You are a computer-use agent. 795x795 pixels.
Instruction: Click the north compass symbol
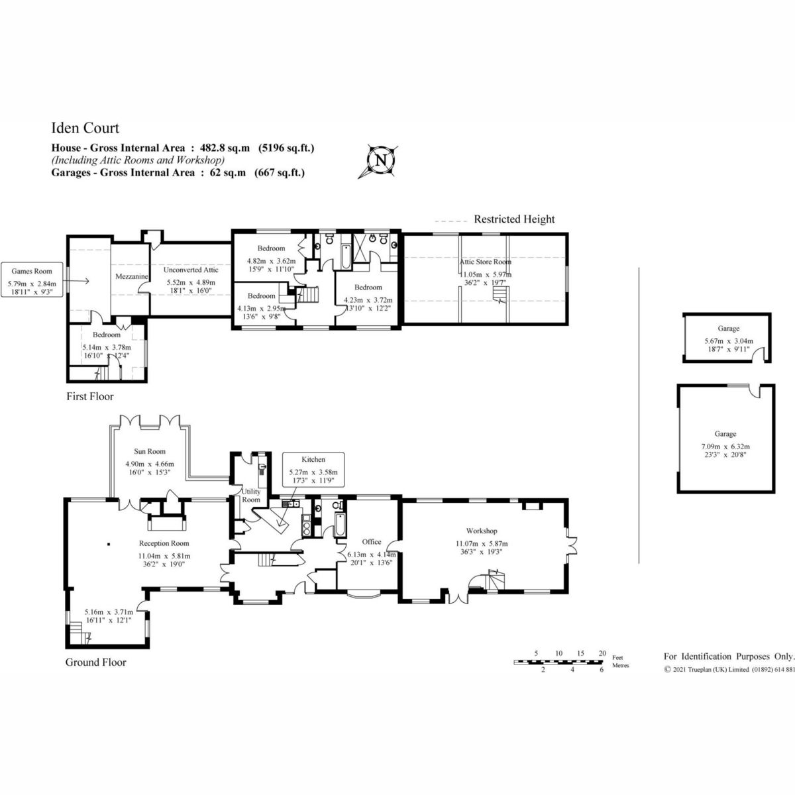[x=380, y=160]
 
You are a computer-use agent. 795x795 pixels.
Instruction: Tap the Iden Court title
[x=85, y=128]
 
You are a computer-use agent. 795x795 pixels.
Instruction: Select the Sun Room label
[x=150, y=451]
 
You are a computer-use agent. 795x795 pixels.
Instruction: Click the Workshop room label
[x=482, y=531]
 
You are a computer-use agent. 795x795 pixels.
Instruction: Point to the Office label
[x=371, y=541]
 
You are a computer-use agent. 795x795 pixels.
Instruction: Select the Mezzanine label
[x=131, y=276]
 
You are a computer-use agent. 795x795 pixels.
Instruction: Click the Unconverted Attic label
[x=191, y=270]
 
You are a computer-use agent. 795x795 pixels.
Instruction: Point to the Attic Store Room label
[x=486, y=262]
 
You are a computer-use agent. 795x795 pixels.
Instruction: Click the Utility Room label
[x=251, y=495]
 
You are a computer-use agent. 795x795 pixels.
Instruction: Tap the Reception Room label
[x=164, y=543]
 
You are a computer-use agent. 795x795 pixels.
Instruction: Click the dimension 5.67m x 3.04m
[x=728, y=341]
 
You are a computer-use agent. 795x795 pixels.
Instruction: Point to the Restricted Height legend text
[x=514, y=219]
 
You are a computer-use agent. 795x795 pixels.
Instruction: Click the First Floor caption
[x=89, y=397]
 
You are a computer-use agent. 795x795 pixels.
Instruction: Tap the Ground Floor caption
[x=95, y=662]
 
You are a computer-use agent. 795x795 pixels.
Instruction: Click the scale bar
[x=560, y=661]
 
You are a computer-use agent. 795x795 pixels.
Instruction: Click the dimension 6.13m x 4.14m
[x=371, y=555]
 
